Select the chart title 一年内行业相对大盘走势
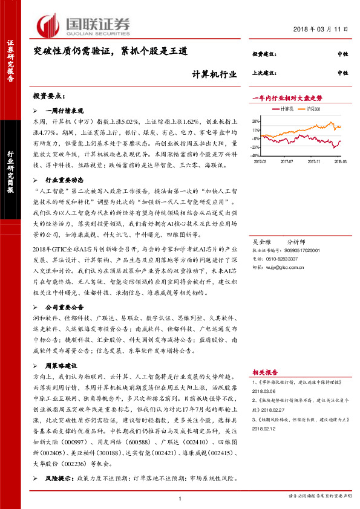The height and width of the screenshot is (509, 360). (x=287, y=97)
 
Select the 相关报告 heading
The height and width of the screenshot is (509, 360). (x=265, y=372)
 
